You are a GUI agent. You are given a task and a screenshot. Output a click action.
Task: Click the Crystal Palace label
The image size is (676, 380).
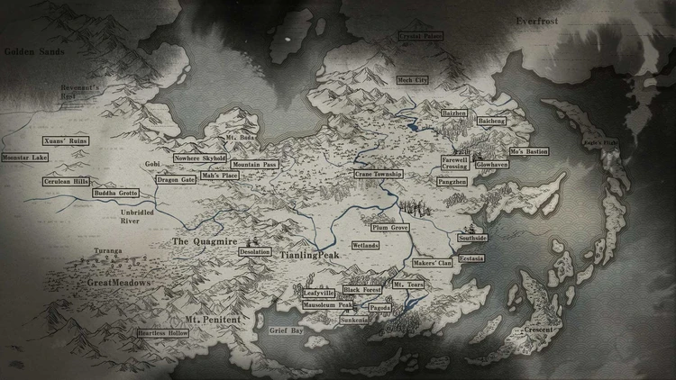[x=420, y=36]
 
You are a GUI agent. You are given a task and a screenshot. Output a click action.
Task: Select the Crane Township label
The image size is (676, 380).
[x=378, y=173]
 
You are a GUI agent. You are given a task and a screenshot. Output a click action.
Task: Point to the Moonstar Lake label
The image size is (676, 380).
[x=24, y=158]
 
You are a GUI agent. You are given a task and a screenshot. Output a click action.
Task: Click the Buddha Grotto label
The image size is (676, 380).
[x=114, y=194]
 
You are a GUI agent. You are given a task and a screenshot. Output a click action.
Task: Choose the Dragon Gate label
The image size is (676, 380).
[x=175, y=180]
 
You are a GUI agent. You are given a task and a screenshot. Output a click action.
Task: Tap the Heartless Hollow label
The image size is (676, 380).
[x=163, y=332]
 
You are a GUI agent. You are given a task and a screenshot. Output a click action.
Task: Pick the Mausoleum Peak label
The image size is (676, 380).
[x=327, y=306]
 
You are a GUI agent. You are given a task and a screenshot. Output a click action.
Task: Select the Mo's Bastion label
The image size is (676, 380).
[x=528, y=151]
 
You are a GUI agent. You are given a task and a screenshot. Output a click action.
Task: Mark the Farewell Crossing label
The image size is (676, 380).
[x=454, y=163]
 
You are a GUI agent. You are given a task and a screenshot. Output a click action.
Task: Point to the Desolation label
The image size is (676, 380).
[x=255, y=253]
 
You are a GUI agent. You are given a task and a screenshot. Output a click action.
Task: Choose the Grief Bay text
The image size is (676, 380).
[x=286, y=331]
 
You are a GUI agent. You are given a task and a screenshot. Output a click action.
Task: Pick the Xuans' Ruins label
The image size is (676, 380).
[x=66, y=141]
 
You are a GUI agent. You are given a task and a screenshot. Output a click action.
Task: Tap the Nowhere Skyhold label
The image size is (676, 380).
[x=200, y=158]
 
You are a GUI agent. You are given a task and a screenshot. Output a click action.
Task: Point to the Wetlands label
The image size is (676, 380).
[x=365, y=245]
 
